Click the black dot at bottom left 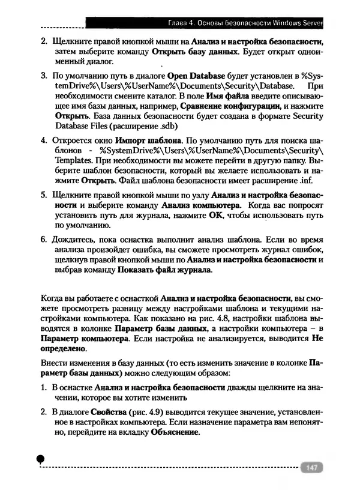[x=40, y=459]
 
